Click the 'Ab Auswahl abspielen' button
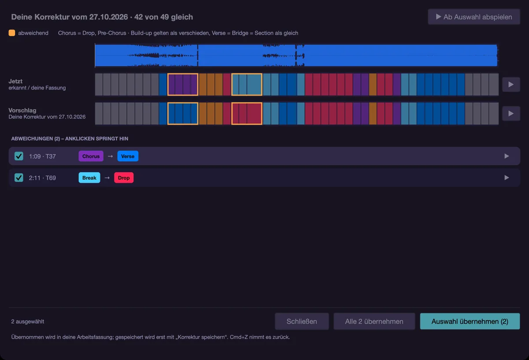coord(474,17)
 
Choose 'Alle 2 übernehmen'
coord(374,321)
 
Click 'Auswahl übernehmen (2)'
coord(470,321)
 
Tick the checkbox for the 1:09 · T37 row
coord(19,156)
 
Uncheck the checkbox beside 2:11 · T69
coord(19,178)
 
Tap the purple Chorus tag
coord(91,156)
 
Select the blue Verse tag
coord(128,156)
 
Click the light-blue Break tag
coord(89,178)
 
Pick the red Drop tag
coord(124,178)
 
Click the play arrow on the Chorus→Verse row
coord(507,156)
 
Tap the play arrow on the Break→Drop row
coord(507,178)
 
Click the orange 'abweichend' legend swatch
coord(12,33)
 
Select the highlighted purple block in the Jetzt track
coord(183,84)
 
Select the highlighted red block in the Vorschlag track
coord(247,113)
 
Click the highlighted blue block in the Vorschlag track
coord(183,113)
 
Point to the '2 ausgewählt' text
coord(28,322)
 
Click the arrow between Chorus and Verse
coord(110,156)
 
